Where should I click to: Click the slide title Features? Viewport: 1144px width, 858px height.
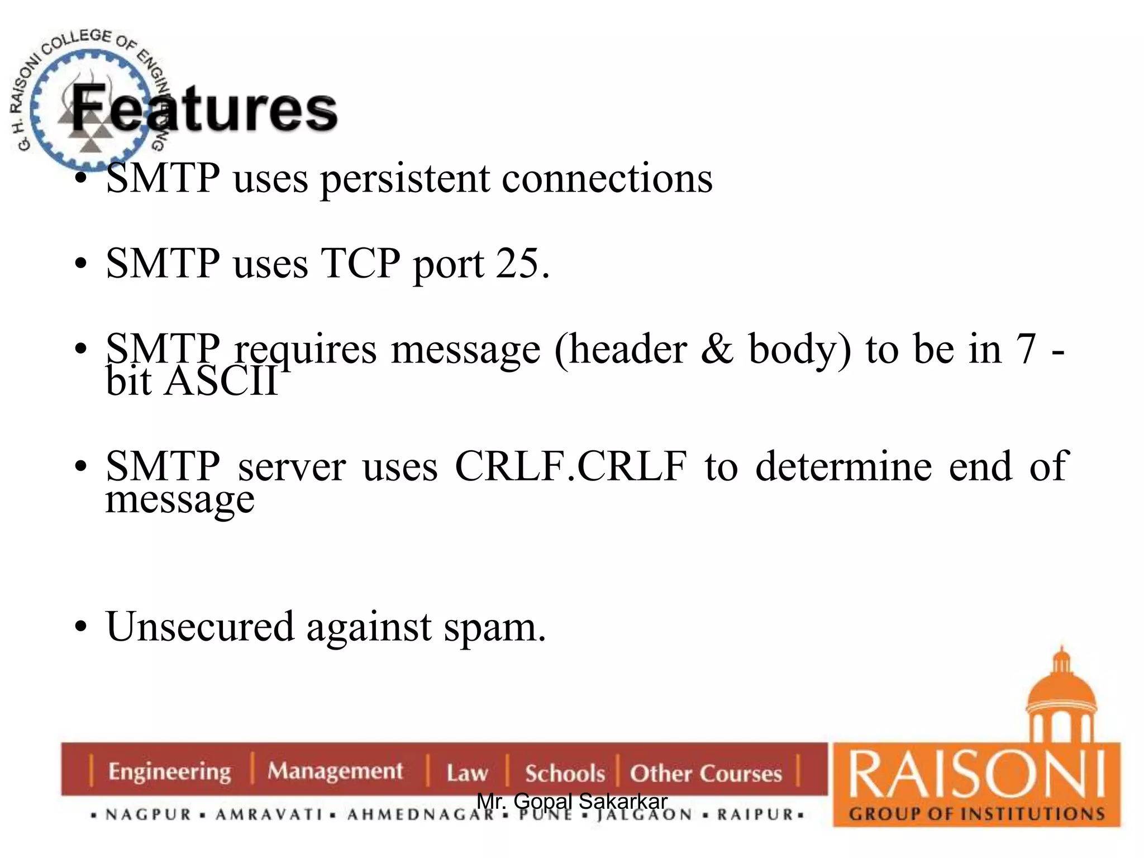click(x=204, y=109)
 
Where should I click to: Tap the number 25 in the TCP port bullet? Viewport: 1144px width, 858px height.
click(x=517, y=263)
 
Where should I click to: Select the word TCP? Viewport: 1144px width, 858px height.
click(x=360, y=263)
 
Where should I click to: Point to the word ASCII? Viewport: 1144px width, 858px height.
click(x=221, y=382)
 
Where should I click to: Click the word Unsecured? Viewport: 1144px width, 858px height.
click(x=199, y=626)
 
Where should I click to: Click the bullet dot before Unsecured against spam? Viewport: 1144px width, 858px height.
click(x=81, y=626)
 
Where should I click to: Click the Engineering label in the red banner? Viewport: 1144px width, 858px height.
click(x=169, y=771)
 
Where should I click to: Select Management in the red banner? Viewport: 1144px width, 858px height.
click(x=335, y=771)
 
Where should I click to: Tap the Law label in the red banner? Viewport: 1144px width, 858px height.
click(x=467, y=773)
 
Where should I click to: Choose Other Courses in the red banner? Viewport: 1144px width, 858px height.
click(x=706, y=773)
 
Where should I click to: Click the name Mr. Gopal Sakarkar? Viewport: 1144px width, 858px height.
click(x=571, y=801)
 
